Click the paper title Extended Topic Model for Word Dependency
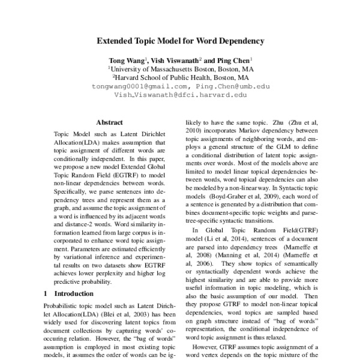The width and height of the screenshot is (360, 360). (181, 43)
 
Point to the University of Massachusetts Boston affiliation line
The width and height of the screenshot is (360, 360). (181, 69)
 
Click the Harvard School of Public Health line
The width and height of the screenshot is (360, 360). (181, 77)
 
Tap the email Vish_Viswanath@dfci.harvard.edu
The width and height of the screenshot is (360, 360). (181, 94)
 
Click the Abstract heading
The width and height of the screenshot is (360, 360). (109, 121)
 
